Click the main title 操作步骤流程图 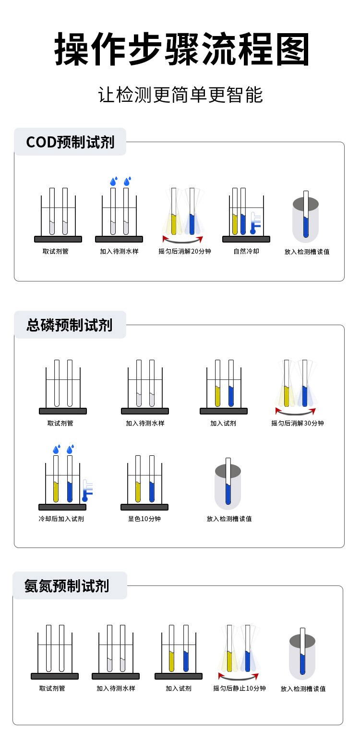[x=181, y=49]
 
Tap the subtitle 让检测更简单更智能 [x=180, y=95]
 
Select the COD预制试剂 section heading [x=70, y=142]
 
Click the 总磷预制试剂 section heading [x=70, y=325]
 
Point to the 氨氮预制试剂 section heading [x=67, y=586]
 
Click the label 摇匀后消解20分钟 [x=185, y=251]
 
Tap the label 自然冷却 [x=246, y=251]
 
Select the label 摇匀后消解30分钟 [x=297, y=423]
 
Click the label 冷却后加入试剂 [x=61, y=519]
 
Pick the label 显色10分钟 [x=144, y=519]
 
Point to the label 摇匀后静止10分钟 [x=240, y=688]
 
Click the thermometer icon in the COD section [x=255, y=222]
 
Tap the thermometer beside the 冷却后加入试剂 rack [x=87, y=490]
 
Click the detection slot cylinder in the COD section [x=306, y=219]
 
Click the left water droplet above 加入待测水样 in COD [x=114, y=181]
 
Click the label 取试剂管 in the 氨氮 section [x=52, y=688]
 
